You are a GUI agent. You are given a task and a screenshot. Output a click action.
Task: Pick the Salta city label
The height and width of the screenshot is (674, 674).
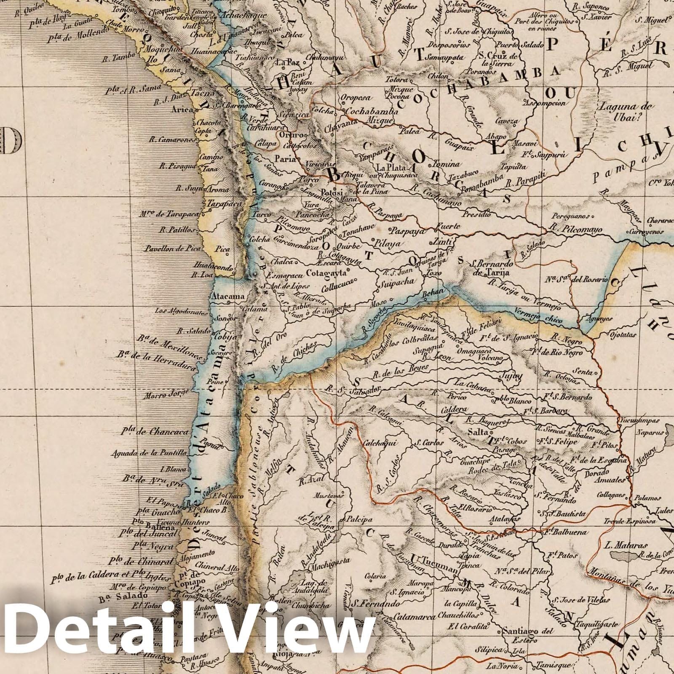click(478, 433)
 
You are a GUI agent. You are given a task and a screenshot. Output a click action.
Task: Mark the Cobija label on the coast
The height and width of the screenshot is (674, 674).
click(223, 337)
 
